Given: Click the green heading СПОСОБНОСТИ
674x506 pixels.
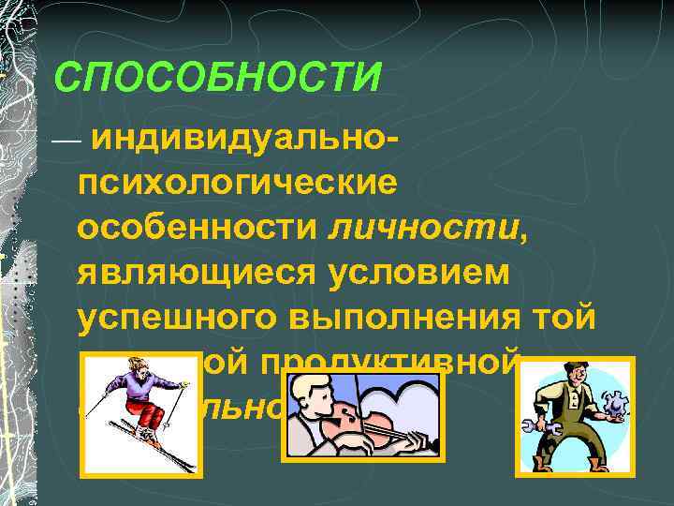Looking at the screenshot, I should pyautogui.click(x=217, y=77).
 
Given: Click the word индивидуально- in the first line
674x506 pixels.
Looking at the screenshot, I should pyautogui.click(x=248, y=139).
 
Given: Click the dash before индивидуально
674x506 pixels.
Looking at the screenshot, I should pyautogui.click(x=67, y=141).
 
